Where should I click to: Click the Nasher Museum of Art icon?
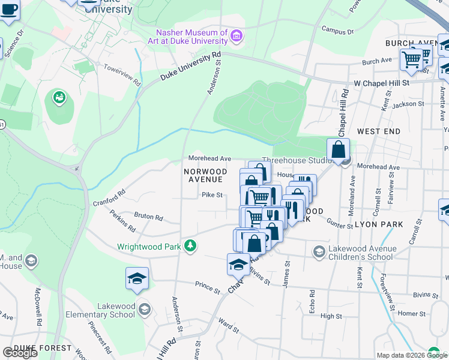pos(237,37)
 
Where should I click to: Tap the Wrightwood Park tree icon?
pos(190,246)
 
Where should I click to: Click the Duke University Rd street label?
pos(190,67)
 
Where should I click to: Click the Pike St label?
pos(212,195)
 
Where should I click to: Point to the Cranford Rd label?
pos(109,198)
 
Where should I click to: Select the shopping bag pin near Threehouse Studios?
pos(338,149)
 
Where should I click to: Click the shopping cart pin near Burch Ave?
pos(411,59)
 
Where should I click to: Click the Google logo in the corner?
pos(20,353)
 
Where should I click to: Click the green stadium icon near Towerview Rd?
pos(59,97)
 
